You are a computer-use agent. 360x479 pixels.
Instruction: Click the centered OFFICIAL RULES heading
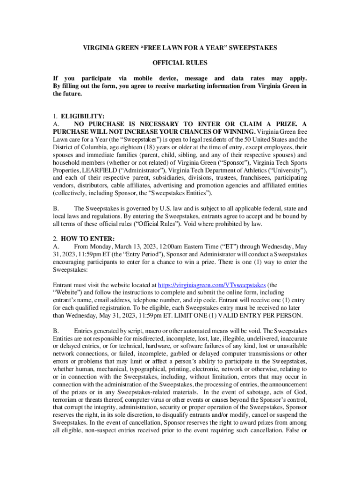pyautogui.click(x=180, y=63)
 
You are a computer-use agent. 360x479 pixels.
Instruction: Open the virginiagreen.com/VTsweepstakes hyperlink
pyautogui.click(x=212, y=284)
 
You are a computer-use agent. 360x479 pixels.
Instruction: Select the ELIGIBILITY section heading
pyautogui.click(x=82, y=116)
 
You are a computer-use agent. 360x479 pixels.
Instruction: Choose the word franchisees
pyautogui.click(x=242, y=178)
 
